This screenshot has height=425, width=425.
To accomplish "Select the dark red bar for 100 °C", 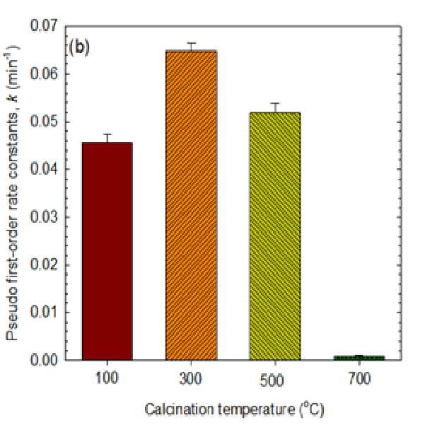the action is pyautogui.click(x=107, y=251).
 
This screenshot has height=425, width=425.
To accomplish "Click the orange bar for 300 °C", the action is pyautogui.click(x=192, y=205).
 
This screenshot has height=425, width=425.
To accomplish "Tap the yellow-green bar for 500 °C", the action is pyautogui.click(x=275, y=236).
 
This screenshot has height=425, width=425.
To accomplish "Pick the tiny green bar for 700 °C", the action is pyautogui.click(x=359, y=358).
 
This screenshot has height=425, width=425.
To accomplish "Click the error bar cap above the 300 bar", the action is pyautogui.click(x=192, y=43).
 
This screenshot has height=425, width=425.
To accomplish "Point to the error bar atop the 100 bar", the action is pyautogui.click(x=107, y=138).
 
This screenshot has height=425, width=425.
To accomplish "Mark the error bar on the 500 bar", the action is pyautogui.click(x=275, y=107).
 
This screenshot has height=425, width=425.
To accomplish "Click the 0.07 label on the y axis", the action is pyautogui.click(x=44, y=26).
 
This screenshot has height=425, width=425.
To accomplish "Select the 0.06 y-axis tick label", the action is pyautogui.click(x=44, y=74).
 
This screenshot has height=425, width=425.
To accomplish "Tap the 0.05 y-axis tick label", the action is pyautogui.click(x=44, y=122).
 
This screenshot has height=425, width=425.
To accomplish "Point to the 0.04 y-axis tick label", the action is pyautogui.click(x=44, y=169).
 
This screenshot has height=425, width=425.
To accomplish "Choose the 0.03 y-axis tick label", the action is pyautogui.click(x=44, y=217).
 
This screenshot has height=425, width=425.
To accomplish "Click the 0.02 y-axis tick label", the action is pyautogui.click(x=44, y=264).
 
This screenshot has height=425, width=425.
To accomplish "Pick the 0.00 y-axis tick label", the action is pyautogui.click(x=44, y=360).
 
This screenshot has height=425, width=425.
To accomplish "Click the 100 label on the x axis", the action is pyautogui.click(x=107, y=378).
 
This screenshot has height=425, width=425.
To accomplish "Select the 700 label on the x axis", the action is pyautogui.click(x=359, y=378).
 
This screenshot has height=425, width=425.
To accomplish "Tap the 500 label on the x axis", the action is pyautogui.click(x=272, y=380).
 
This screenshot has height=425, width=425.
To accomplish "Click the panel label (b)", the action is pyautogui.click(x=79, y=47).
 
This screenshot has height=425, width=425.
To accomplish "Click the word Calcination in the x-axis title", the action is pyautogui.click(x=180, y=409).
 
